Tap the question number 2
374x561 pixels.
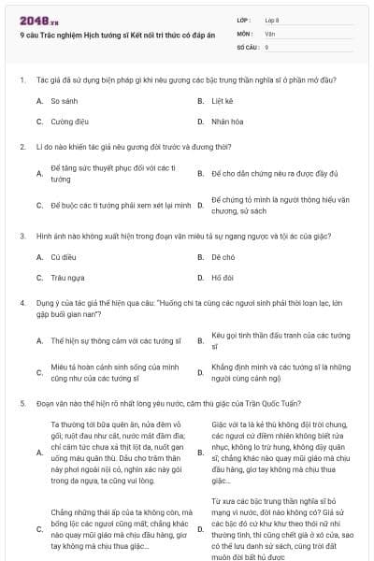(22, 147)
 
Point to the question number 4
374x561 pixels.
(22, 302)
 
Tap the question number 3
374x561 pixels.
(22, 236)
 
